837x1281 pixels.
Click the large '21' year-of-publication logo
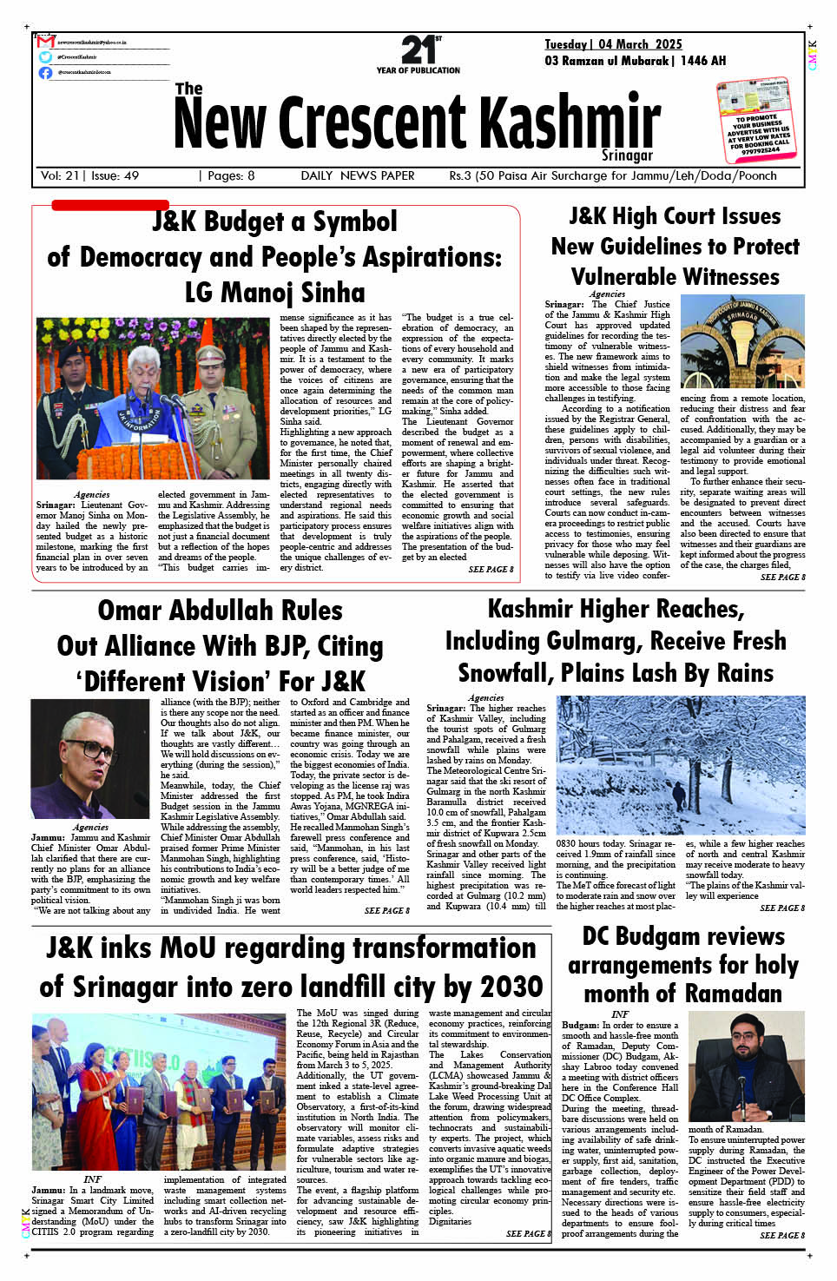click(418, 50)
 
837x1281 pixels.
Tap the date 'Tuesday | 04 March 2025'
click(613, 44)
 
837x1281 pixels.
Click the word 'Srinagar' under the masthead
click(627, 155)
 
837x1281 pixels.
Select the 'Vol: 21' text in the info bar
click(60, 175)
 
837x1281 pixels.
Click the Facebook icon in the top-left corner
click(45, 72)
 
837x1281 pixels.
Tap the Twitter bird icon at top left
click(45, 56)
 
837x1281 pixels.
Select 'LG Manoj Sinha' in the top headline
click(275, 292)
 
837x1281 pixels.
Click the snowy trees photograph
click(680, 764)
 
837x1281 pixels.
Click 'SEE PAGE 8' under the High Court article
click(782, 577)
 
